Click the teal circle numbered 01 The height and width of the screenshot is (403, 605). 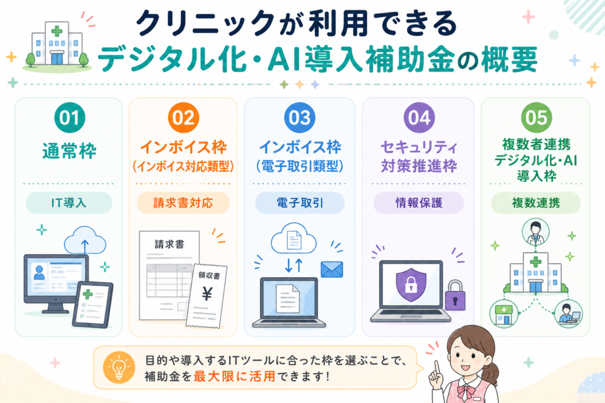(70, 117)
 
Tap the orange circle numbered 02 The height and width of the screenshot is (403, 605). (183, 117)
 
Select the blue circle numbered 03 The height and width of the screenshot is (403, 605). (300, 117)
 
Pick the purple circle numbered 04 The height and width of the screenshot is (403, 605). (419, 117)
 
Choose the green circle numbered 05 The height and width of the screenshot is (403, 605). (536, 117)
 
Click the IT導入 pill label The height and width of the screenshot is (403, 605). (69, 202)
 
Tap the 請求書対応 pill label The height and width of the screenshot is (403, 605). (183, 202)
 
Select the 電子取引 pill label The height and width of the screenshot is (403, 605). (300, 202)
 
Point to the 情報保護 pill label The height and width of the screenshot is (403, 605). (419, 202)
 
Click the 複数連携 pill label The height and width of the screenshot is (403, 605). (535, 202)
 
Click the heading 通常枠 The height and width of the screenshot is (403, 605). (70, 151)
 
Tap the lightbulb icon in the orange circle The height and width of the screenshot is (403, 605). (119, 367)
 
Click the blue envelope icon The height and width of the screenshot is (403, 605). (332, 269)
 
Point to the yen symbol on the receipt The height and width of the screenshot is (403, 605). (207, 294)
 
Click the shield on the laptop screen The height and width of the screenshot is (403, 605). (411, 285)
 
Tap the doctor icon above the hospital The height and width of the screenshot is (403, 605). (535, 232)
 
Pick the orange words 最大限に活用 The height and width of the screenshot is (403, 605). (235, 376)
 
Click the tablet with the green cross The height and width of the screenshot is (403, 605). (93, 305)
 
